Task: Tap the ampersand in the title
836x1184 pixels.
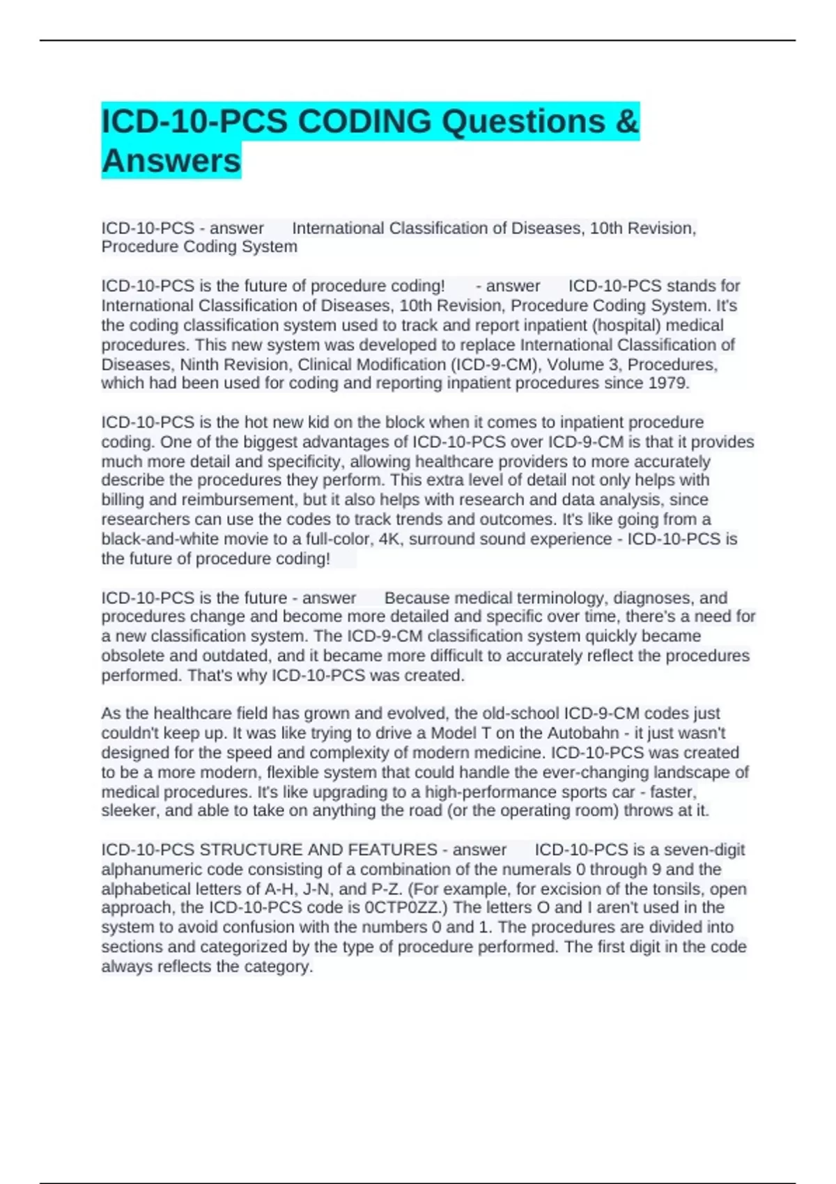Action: [627, 122]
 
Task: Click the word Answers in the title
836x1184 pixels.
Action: [171, 161]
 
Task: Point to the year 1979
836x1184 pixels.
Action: [668, 383]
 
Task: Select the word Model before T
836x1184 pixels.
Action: [454, 733]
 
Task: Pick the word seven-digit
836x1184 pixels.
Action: [704, 850]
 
